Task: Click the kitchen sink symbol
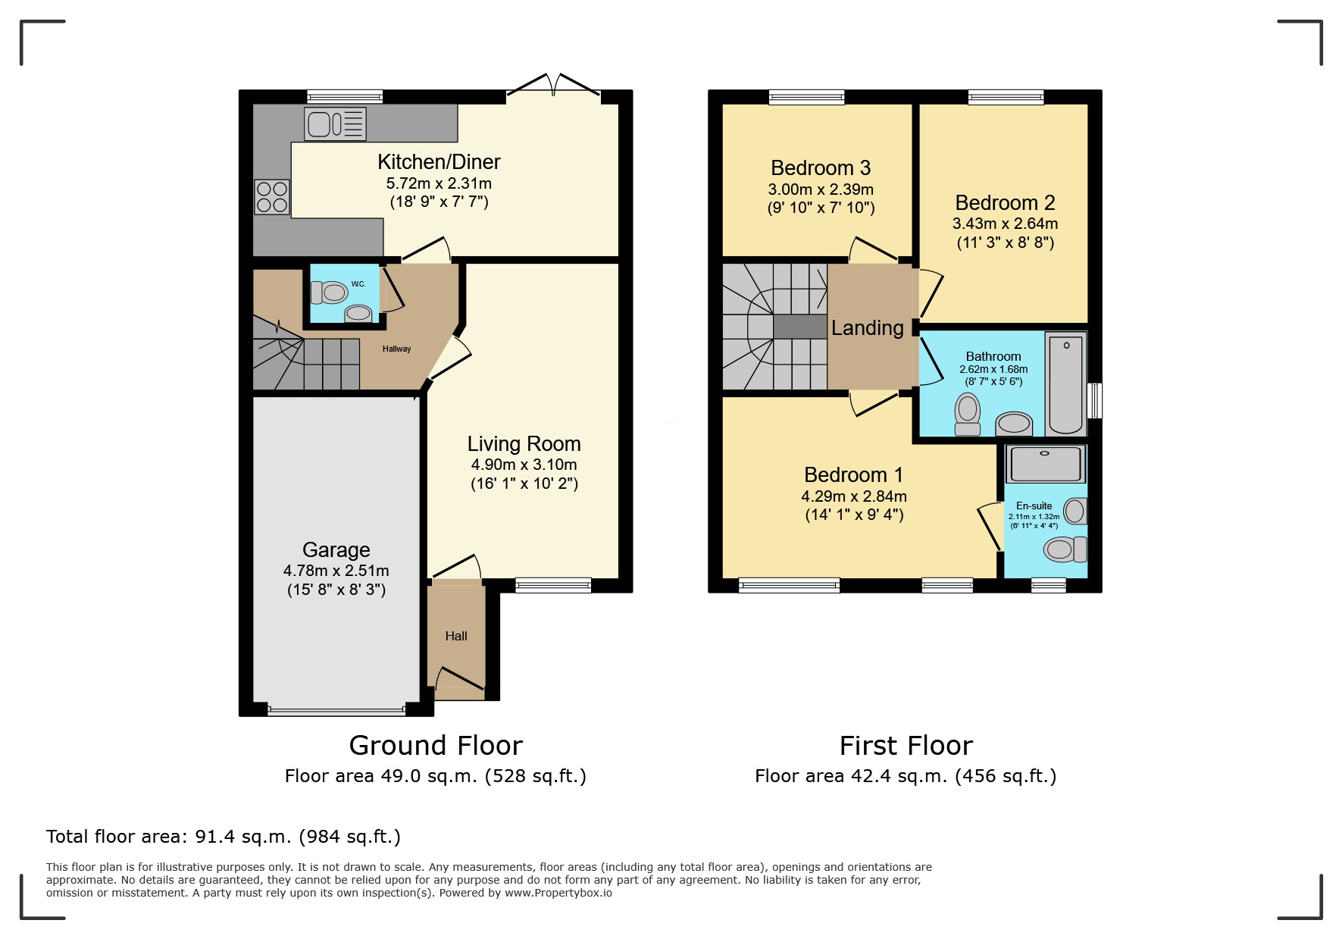pyautogui.click(x=335, y=124)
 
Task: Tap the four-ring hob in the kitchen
pyautogui.click(x=271, y=196)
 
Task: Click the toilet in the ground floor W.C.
pyautogui.click(x=329, y=292)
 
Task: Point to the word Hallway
pyautogui.click(x=396, y=349)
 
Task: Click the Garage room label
pyautogui.click(x=336, y=549)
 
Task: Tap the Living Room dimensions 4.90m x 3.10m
pyautogui.click(x=524, y=465)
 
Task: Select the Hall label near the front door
pyautogui.click(x=455, y=636)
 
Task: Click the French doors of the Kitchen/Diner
pyautogui.click(x=553, y=85)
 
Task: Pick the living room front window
pyautogui.click(x=552, y=584)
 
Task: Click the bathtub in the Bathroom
pyautogui.click(x=1065, y=384)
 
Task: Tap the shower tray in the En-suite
pyautogui.click(x=1045, y=463)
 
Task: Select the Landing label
pyautogui.click(x=867, y=327)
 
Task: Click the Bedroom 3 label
pyautogui.click(x=820, y=167)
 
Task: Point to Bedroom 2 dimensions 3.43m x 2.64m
pyautogui.click(x=1005, y=224)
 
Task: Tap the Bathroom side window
pyautogui.click(x=1094, y=400)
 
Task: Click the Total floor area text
pyautogui.click(x=223, y=837)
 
